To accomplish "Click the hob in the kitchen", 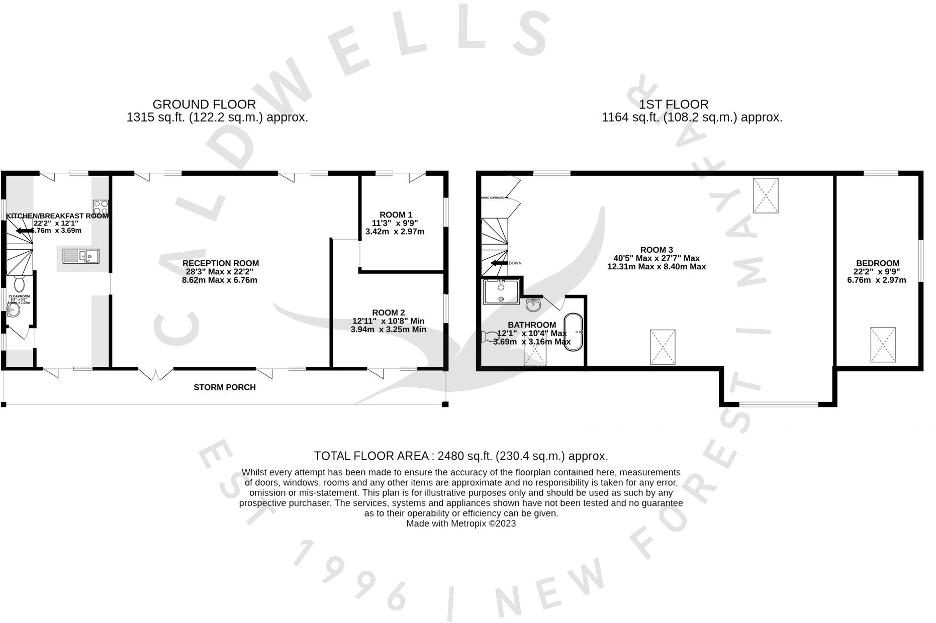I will coord(101,207).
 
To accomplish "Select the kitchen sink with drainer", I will coord(81,256).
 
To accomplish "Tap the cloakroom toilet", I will coord(19,284).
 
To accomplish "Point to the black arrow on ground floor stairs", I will coord(25,231).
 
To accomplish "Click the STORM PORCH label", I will coord(225,387).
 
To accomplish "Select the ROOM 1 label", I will coord(396,215).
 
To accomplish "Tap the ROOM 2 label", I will coord(388,313).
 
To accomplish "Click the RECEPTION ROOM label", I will coord(220,263).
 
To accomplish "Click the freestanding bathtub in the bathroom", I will coord(574,333).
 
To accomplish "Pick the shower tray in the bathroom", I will coord(501,292).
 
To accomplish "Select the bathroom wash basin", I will coord(534,304).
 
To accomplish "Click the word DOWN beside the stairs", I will coord(515,263).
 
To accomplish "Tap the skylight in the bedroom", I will coord(883,344).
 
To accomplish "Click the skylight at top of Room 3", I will coord(766,195).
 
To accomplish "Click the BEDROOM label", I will coord(877,263).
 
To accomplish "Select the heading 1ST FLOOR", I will coord(674,105).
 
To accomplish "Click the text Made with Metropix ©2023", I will coord(460,524).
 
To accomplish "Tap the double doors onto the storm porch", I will coord(156,373).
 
